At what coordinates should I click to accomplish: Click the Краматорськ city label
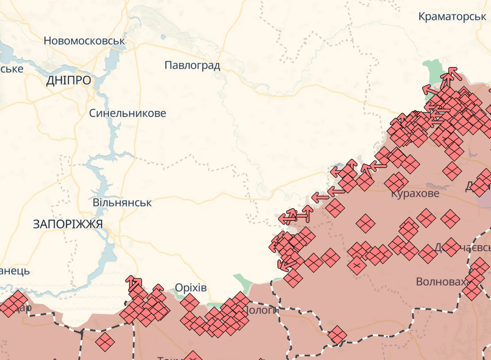[452, 16]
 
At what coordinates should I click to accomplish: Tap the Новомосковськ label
[84, 41]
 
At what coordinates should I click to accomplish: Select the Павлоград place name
[192, 65]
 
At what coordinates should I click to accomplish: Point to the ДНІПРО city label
[68, 81]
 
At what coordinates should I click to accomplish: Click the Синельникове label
[128, 113]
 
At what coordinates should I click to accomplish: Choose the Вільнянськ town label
[122, 202]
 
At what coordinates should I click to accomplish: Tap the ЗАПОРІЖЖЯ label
[68, 224]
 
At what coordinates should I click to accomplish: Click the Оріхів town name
[191, 288]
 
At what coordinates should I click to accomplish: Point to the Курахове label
[415, 194]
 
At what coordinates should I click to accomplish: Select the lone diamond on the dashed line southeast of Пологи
[337, 335]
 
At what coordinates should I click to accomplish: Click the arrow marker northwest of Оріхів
[134, 283]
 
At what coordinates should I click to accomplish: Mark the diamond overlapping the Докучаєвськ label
[451, 247]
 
